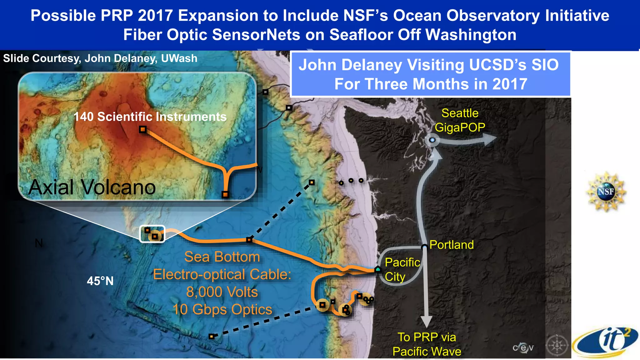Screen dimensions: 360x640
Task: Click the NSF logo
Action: pyautogui.click(x=606, y=191)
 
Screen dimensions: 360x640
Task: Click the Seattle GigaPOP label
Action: pyautogui.click(x=460, y=120)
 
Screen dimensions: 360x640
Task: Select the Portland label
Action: pyautogui.click(x=452, y=245)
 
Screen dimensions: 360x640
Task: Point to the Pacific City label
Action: pyautogui.click(x=402, y=269)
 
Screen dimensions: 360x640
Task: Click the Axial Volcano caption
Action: pyautogui.click(x=92, y=187)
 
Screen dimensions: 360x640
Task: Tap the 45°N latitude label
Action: pyautogui.click(x=100, y=281)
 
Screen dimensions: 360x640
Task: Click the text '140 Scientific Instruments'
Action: pyautogui.click(x=150, y=117)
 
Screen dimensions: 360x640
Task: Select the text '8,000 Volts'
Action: pyautogui.click(x=222, y=292)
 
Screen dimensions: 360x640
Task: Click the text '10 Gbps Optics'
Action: pyautogui.click(x=222, y=309)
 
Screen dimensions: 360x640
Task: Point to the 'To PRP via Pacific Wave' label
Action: pyautogui.click(x=427, y=344)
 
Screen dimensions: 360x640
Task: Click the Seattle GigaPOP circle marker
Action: pyautogui.click(x=432, y=140)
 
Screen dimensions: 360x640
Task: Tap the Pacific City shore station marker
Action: pyautogui.click(x=378, y=269)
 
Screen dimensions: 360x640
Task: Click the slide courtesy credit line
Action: pyautogui.click(x=100, y=58)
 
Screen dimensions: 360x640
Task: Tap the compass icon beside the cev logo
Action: pyautogui.click(x=557, y=346)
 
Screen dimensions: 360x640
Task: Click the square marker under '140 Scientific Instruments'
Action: pyautogui.click(x=143, y=129)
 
